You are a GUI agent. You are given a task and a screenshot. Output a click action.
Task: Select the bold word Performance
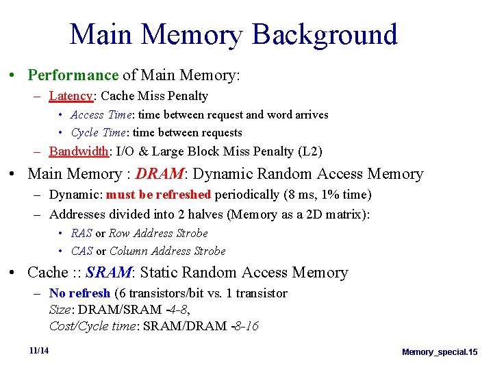click(73, 75)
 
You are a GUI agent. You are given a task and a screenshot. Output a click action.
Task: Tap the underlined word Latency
click(71, 96)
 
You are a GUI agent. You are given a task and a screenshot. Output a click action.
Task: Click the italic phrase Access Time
click(97, 114)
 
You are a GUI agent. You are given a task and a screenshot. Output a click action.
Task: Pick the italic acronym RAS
click(81, 233)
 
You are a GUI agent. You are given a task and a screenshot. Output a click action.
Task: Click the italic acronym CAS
click(81, 251)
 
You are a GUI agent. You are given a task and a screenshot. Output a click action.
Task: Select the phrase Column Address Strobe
click(167, 251)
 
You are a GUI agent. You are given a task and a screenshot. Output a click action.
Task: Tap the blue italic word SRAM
click(108, 273)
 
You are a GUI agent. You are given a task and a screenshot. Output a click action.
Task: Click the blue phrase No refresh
click(79, 293)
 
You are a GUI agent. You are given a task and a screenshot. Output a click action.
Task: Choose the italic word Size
click(61, 310)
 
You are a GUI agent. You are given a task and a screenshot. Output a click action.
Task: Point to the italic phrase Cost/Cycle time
click(92, 326)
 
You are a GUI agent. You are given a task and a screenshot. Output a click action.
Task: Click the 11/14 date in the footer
click(39, 351)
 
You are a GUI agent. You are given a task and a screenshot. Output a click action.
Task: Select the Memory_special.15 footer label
click(440, 351)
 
